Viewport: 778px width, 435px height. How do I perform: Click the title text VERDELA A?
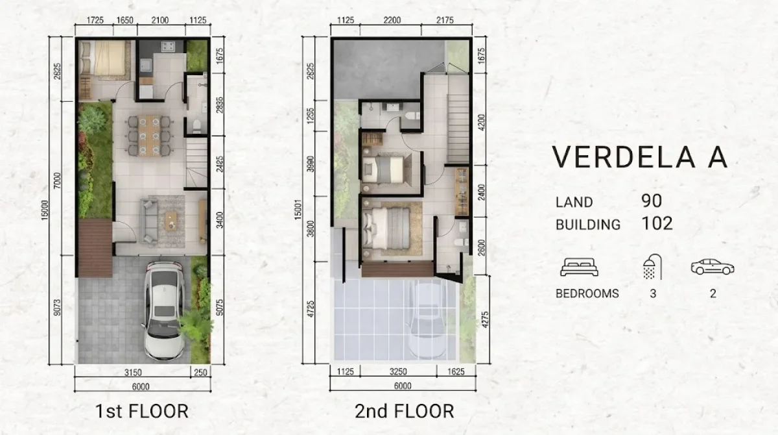(x=639, y=158)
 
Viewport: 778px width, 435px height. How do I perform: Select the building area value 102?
(x=657, y=224)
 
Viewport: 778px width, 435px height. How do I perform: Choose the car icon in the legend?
(x=712, y=267)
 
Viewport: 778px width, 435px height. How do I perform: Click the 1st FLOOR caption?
(x=141, y=411)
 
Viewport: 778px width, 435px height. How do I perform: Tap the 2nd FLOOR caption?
(x=404, y=411)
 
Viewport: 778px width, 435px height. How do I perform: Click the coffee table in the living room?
(x=172, y=219)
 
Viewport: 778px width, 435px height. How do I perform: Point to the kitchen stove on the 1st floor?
(x=169, y=47)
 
